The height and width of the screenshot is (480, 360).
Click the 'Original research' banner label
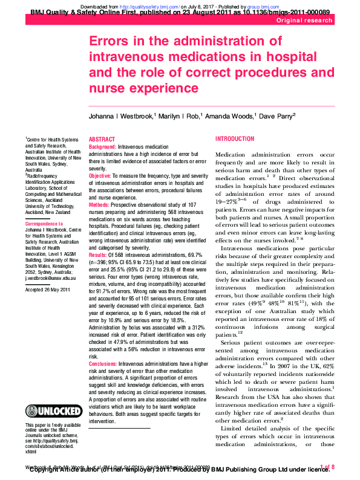pyautogui.click(x=305, y=21)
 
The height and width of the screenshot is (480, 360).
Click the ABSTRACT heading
pyautogui.click(x=102, y=139)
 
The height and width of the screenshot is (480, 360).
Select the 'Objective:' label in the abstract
pyautogui.click(x=100, y=175)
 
